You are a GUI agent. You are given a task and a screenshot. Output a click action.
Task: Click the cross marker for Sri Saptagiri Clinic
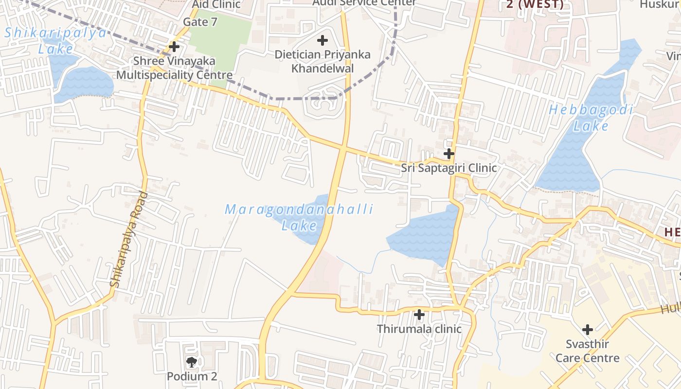pyautogui.click(x=448, y=154)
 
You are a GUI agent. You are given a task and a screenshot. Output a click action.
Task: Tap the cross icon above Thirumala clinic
pyautogui.click(x=419, y=315)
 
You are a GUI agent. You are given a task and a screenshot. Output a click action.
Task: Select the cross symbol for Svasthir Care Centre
pyautogui.click(x=587, y=330)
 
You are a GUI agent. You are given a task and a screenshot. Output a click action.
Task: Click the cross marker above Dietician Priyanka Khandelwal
pyautogui.click(x=322, y=40)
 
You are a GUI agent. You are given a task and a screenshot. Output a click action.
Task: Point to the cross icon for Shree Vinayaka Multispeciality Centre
pyautogui.click(x=174, y=47)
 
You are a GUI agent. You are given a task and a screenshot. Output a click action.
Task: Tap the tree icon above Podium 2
pyautogui.click(x=192, y=362)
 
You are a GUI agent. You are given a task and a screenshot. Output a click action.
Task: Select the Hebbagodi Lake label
pyautogui.click(x=591, y=118)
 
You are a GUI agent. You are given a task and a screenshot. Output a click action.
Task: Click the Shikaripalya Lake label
pyautogui.click(x=55, y=41)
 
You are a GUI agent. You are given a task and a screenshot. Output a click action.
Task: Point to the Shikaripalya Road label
pyautogui.click(x=128, y=239)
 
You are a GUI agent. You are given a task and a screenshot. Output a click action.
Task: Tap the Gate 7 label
pyautogui.click(x=200, y=22)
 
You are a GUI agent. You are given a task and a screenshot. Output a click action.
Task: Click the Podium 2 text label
pyautogui.click(x=192, y=376)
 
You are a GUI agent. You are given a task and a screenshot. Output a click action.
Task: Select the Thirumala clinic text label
pyautogui.click(x=419, y=329)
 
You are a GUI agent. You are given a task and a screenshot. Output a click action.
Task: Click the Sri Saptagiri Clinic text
pyautogui.click(x=448, y=168)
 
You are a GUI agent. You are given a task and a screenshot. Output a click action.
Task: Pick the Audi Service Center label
pyautogui.click(x=364, y=2)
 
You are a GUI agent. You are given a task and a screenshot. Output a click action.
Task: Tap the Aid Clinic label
pyautogui.click(x=216, y=4)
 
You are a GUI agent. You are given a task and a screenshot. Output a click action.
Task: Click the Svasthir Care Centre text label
pyautogui.click(x=587, y=351)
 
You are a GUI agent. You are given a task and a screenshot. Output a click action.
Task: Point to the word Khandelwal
pyautogui.click(x=322, y=68)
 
